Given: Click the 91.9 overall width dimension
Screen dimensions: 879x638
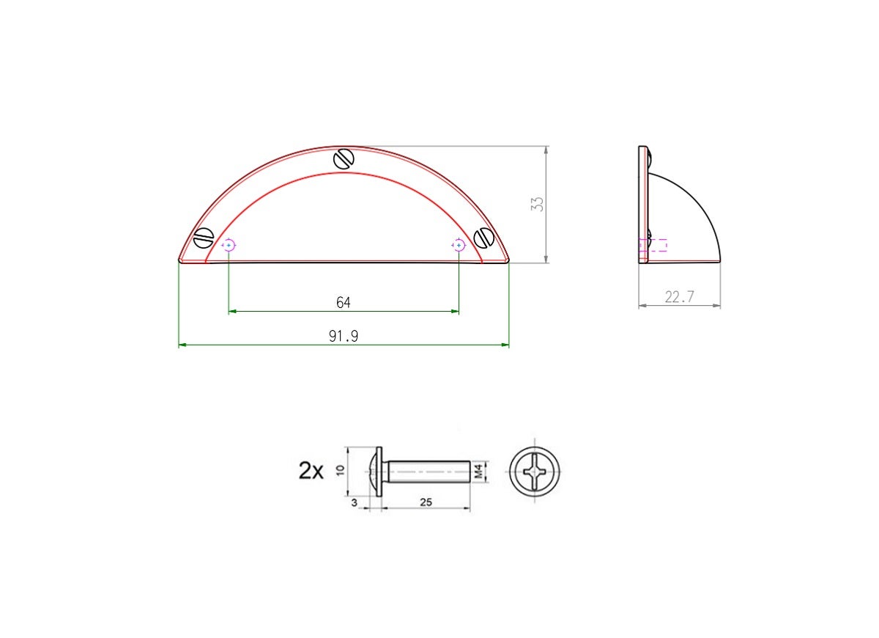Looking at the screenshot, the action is pos(344,336).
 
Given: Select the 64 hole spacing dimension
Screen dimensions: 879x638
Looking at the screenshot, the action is pos(344,302).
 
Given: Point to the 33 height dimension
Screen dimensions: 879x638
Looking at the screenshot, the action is pos(537,205).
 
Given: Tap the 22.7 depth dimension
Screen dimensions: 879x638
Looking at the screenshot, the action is pos(680,296).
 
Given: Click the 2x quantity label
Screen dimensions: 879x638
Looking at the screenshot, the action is pos(311,471).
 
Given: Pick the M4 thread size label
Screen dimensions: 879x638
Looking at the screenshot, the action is pos(478,472).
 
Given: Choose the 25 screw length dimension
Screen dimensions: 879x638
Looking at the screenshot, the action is pos(426,502).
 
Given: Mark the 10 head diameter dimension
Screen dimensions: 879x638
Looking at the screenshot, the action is pos(340,470).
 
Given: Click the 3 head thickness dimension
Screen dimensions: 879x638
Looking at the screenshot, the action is pos(355,502).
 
